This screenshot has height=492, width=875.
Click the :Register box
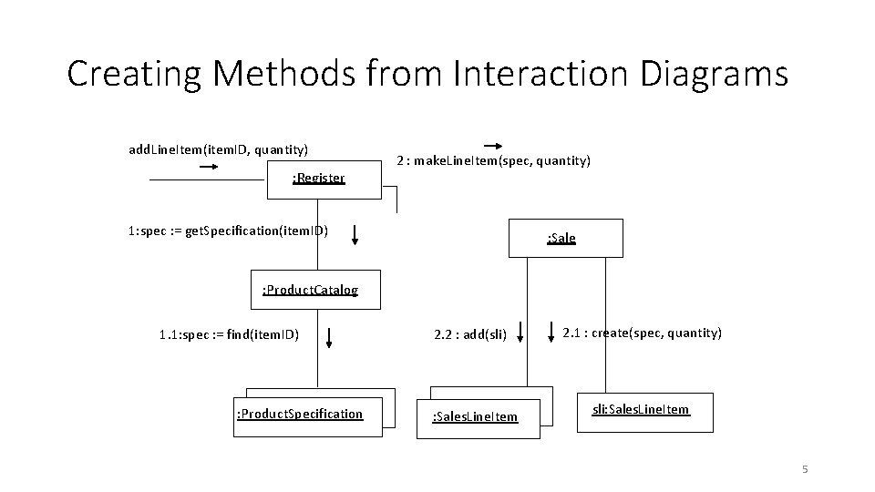[318, 179]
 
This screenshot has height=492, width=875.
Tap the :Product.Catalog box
[310, 291]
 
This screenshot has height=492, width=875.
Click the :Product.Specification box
[300, 415]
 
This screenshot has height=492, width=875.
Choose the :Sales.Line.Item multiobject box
[475, 417]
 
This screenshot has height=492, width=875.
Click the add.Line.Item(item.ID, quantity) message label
[218, 149]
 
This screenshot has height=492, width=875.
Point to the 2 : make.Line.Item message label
[493, 161]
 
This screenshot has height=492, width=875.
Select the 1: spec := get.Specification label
[228, 230]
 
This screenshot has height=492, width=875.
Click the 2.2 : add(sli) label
[470, 333]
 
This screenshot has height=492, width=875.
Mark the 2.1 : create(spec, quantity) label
[642, 333]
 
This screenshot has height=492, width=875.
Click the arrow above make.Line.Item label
[493, 146]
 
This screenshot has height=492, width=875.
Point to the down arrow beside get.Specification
[355, 236]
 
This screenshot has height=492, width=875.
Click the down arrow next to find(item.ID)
[329, 339]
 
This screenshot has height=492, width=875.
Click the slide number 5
[805, 469]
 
